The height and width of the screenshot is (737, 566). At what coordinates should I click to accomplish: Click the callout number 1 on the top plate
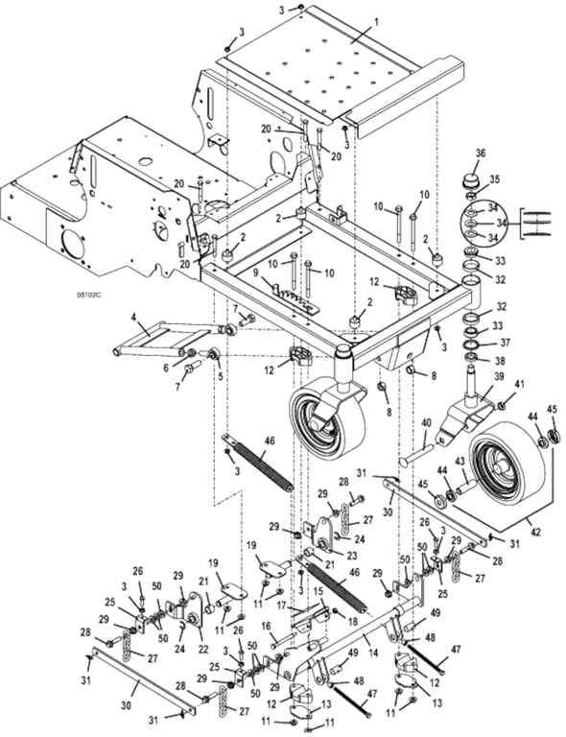click(x=375, y=22)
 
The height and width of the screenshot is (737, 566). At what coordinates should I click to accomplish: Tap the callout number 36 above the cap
click(x=480, y=153)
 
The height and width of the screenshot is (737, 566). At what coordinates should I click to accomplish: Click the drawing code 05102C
click(x=90, y=296)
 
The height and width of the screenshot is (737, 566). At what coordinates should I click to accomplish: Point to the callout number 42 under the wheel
click(x=535, y=533)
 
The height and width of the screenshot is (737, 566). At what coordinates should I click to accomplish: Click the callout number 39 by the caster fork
click(x=498, y=376)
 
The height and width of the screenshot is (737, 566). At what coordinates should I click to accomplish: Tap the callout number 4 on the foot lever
click(x=134, y=317)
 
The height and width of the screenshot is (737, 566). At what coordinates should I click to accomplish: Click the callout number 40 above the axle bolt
click(x=426, y=422)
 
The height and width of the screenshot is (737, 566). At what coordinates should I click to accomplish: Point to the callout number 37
click(x=505, y=344)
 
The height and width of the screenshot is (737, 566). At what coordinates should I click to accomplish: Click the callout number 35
click(x=495, y=179)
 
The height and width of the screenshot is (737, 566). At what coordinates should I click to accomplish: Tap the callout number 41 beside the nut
click(x=519, y=384)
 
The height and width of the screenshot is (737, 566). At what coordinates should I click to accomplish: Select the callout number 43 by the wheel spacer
click(x=459, y=462)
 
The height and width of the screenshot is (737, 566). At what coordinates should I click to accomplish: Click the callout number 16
click(x=266, y=626)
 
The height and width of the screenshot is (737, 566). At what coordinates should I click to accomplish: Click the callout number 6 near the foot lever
click(x=166, y=368)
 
